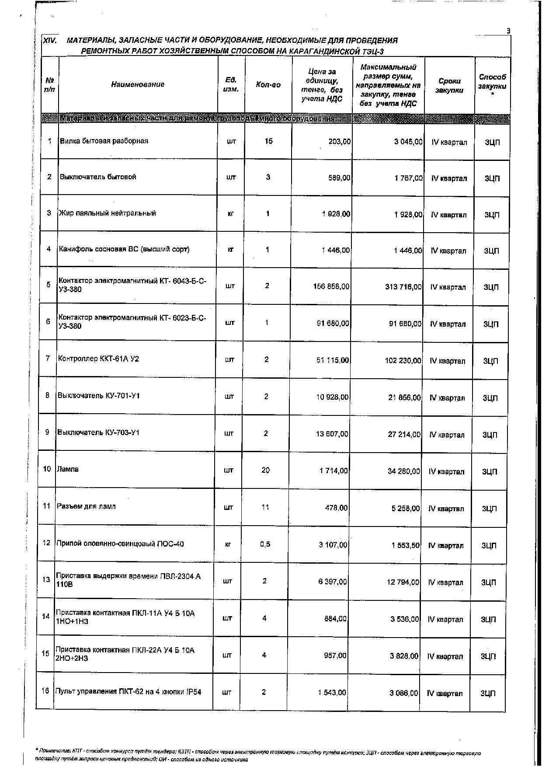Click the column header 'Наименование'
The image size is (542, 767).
(x=138, y=84)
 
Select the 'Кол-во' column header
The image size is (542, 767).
(x=268, y=85)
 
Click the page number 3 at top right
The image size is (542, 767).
(x=508, y=31)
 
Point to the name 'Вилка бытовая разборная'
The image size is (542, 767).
(x=104, y=141)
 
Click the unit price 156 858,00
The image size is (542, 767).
(x=331, y=286)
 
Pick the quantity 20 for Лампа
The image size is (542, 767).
(x=265, y=470)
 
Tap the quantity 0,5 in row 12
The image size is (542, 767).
(x=265, y=544)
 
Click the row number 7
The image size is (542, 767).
(x=48, y=359)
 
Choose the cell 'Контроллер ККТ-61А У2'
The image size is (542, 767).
(x=99, y=359)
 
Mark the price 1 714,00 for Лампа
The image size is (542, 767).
(x=334, y=471)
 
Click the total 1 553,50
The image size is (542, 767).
(x=405, y=545)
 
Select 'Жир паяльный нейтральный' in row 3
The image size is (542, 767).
(x=108, y=213)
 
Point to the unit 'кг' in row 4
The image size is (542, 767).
(x=230, y=250)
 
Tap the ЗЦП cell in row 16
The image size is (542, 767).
(x=488, y=694)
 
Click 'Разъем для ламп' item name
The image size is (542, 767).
(x=86, y=506)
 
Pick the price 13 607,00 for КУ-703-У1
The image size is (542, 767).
(x=333, y=434)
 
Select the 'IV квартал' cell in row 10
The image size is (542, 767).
(x=446, y=472)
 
